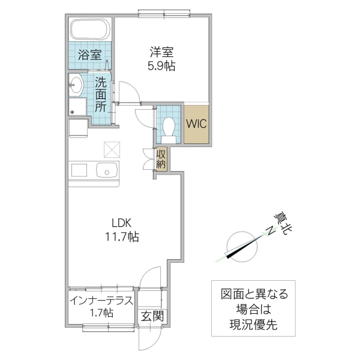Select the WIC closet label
click(x=196, y=124)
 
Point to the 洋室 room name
click(x=161, y=52)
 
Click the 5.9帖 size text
click(x=161, y=67)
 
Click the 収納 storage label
click(x=161, y=158)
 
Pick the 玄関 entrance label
click(x=151, y=316)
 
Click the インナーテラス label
click(x=100, y=299)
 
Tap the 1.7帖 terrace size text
click(x=100, y=313)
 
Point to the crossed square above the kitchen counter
click(x=112, y=148)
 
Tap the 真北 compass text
click(x=278, y=223)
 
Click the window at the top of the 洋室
click(x=161, y=11)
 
